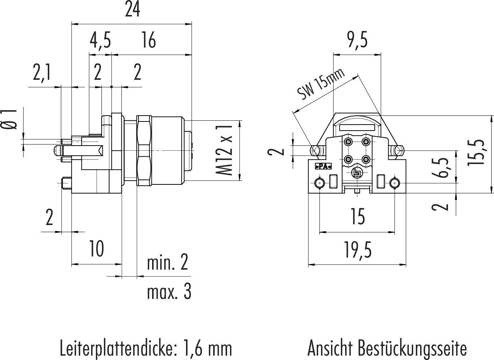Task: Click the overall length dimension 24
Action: click(x=132, y=10)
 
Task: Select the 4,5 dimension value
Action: click(x=100, y=41)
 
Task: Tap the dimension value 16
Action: click(x=148, y=41)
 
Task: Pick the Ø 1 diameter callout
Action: click(x=10, y=119)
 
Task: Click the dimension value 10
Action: click(x=97, y=249)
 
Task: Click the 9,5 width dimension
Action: click(x=357, y=40)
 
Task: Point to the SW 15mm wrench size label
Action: click(x=321, y=85)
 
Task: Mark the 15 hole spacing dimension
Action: click(x=357, y=217)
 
